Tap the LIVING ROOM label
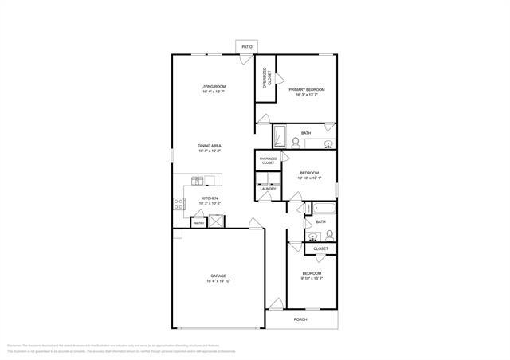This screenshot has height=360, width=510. click(x=214, y=86)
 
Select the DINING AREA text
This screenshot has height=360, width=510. click(x=210, y=146)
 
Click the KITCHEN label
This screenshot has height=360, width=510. click(x=210, y=199)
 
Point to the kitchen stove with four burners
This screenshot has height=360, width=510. click(x=179, y=203)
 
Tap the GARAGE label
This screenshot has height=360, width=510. click(x=218, y=276)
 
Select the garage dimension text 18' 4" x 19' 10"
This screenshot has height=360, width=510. click(x=218, y=281)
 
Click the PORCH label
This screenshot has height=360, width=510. click(x=300, y=319)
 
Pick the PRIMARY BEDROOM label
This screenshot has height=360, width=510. click(x=307, y=89)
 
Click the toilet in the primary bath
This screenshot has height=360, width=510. click(x=296, y=143)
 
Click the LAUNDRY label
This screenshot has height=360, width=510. click(x=268, y=189)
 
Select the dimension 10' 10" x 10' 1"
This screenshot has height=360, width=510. click(x=309, y=178)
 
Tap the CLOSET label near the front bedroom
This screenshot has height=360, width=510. click(x=320, y=248)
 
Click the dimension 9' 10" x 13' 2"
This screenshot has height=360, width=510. click(x=311, y=279)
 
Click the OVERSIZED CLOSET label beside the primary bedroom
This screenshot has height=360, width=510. click(x=269, y=79)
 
